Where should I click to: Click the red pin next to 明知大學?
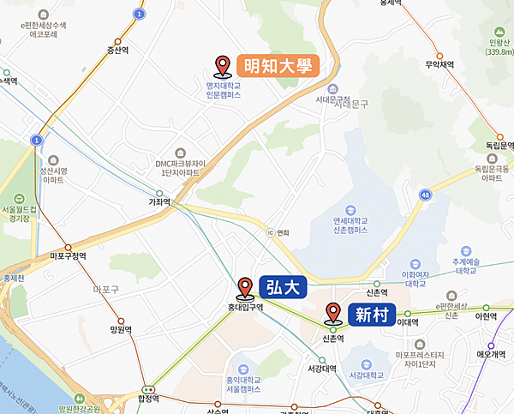[x=224, y=66]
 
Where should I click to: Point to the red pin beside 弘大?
[x=245, y=286]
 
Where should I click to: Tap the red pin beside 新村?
[x=333, y=313]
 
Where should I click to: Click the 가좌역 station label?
[x=159, y=203]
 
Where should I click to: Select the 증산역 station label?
[x=117, y=50]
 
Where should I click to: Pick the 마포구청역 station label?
[x=69, y=255]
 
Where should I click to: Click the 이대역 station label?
[x=408, y=322]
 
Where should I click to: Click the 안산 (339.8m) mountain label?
[x=497, y=45]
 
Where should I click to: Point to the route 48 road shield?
[x=425, y=195]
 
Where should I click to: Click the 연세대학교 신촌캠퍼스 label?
[x=338, y=225]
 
